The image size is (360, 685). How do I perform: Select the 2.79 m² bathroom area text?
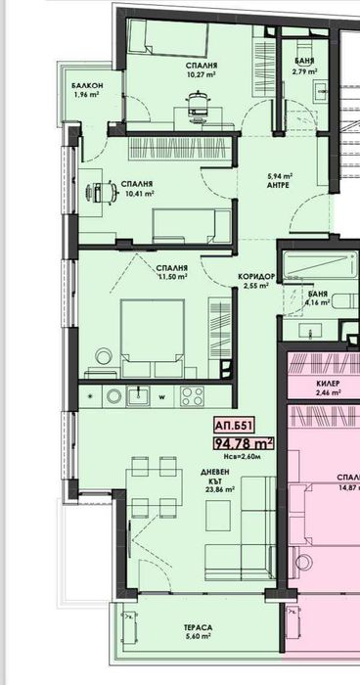304,71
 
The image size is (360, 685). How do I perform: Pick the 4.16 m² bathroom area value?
317,301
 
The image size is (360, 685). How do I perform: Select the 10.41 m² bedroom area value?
135,194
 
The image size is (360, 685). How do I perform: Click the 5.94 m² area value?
281,177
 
